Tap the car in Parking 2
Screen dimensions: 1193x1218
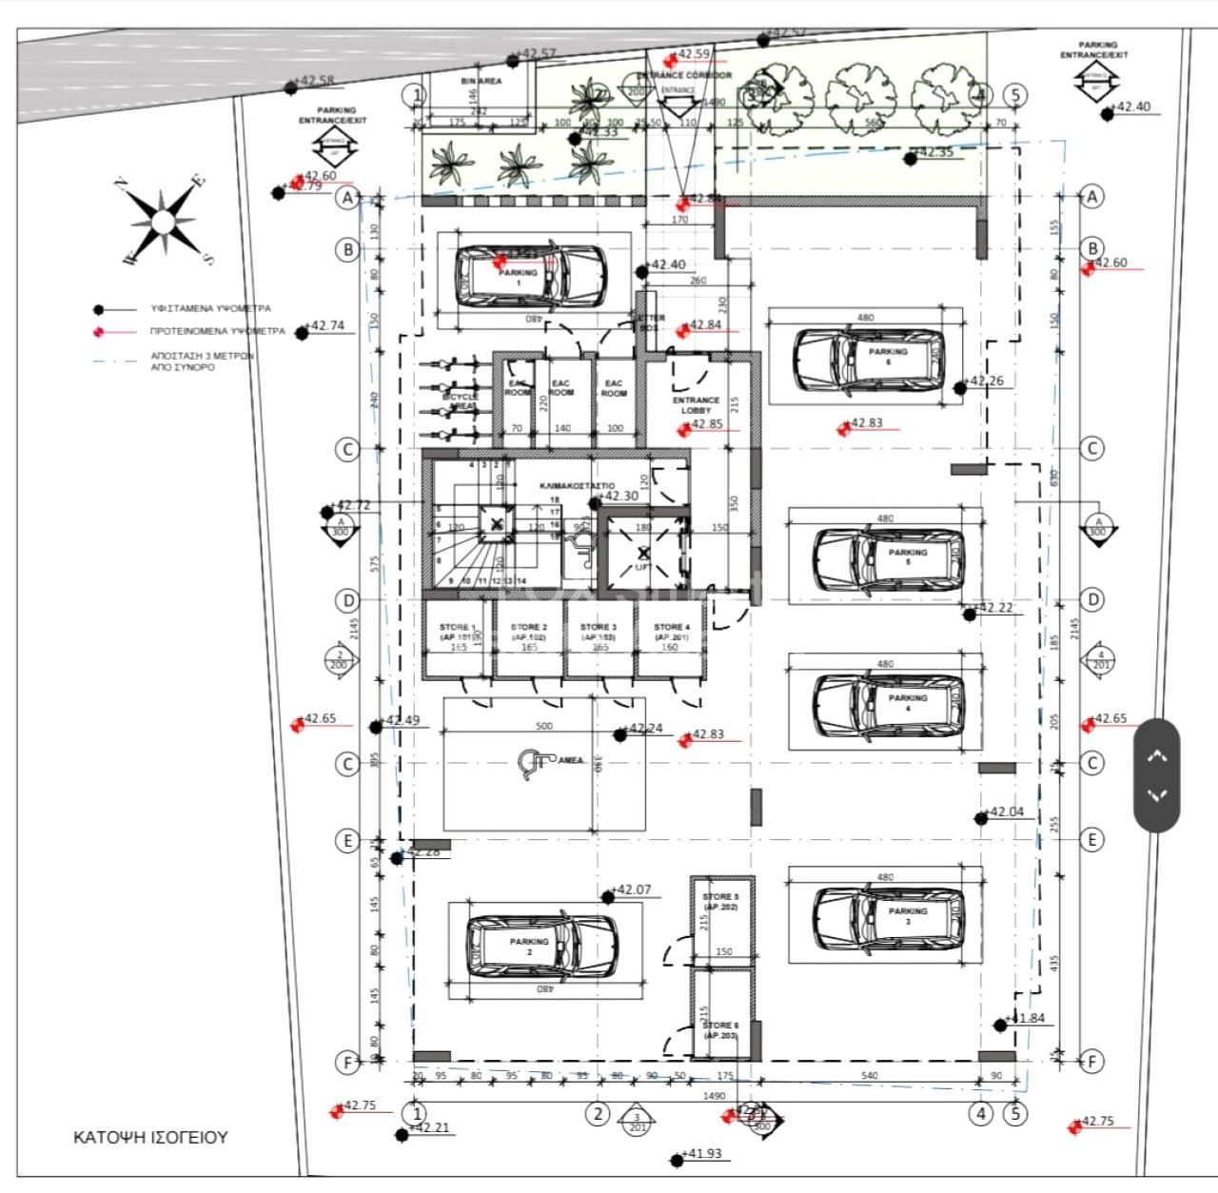541,948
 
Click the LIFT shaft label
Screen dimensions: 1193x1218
643,567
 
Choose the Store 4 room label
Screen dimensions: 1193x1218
671,633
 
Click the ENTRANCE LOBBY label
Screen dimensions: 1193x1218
696,405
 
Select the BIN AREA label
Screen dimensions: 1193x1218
481,82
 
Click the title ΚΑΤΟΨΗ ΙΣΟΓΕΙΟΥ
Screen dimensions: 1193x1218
150,1137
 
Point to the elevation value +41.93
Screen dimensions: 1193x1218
703,1154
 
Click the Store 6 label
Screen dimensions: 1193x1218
720,1030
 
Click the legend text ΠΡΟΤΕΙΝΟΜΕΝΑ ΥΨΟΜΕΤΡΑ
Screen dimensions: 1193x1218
217,332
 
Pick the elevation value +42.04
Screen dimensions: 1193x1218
1007,812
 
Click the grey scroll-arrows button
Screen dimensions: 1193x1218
1156,775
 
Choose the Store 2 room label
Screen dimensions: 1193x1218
529,633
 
